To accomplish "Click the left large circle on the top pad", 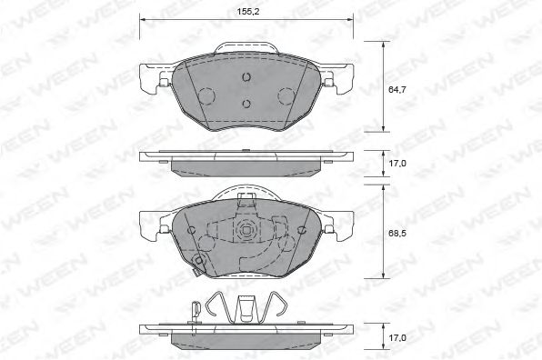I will click(x=206, y=94).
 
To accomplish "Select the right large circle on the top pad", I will click(x=286, y=94).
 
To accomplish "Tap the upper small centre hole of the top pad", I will click(x=246, y=78).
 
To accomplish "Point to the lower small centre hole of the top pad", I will click(x=246, y=102).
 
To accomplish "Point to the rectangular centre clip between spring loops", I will click(x=246, y=309).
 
